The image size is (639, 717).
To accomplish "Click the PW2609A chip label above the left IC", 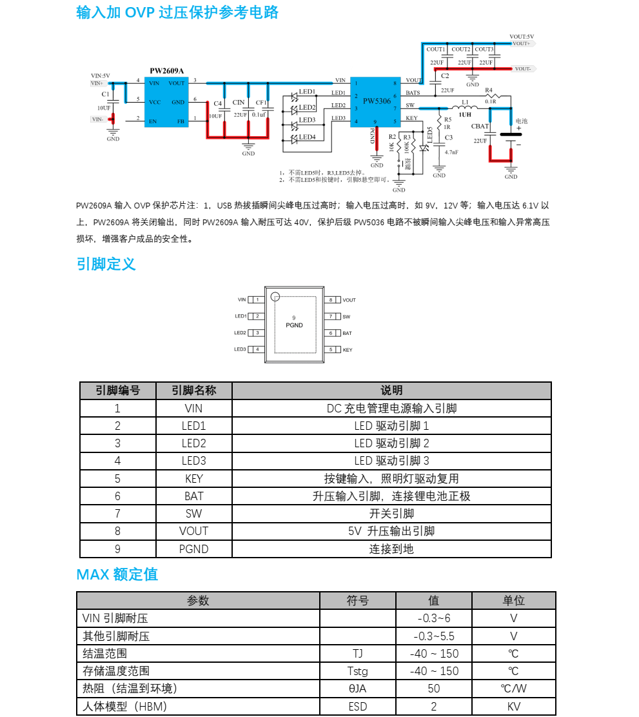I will (166, 71).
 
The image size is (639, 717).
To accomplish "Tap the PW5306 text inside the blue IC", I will (377, 101).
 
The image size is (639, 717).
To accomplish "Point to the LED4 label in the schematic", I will (308, 137).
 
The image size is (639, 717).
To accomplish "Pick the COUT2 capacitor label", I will (461, 49).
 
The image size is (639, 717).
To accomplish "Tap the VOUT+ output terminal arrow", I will (522, 43).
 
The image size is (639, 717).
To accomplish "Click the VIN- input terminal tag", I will (97, 119).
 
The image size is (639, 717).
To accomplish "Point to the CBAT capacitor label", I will (480, 126).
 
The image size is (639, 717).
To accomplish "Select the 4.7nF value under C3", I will (451, 152).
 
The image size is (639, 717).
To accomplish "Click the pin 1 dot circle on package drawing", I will (275, 297).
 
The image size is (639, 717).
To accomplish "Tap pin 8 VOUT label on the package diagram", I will (349, 300).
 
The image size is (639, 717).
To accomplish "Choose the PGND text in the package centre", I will (294, 325).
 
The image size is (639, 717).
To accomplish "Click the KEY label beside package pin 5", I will (348, 350).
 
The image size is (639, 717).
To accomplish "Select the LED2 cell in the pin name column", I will (193, 443).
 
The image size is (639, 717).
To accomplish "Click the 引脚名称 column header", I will (193, 390).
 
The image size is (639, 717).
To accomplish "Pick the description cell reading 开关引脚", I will (391, 514).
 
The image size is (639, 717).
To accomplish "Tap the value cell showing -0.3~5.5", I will (434, 636).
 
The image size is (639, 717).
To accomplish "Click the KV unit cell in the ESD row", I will (513, 706).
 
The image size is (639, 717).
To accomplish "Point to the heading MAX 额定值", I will (117, 574).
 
